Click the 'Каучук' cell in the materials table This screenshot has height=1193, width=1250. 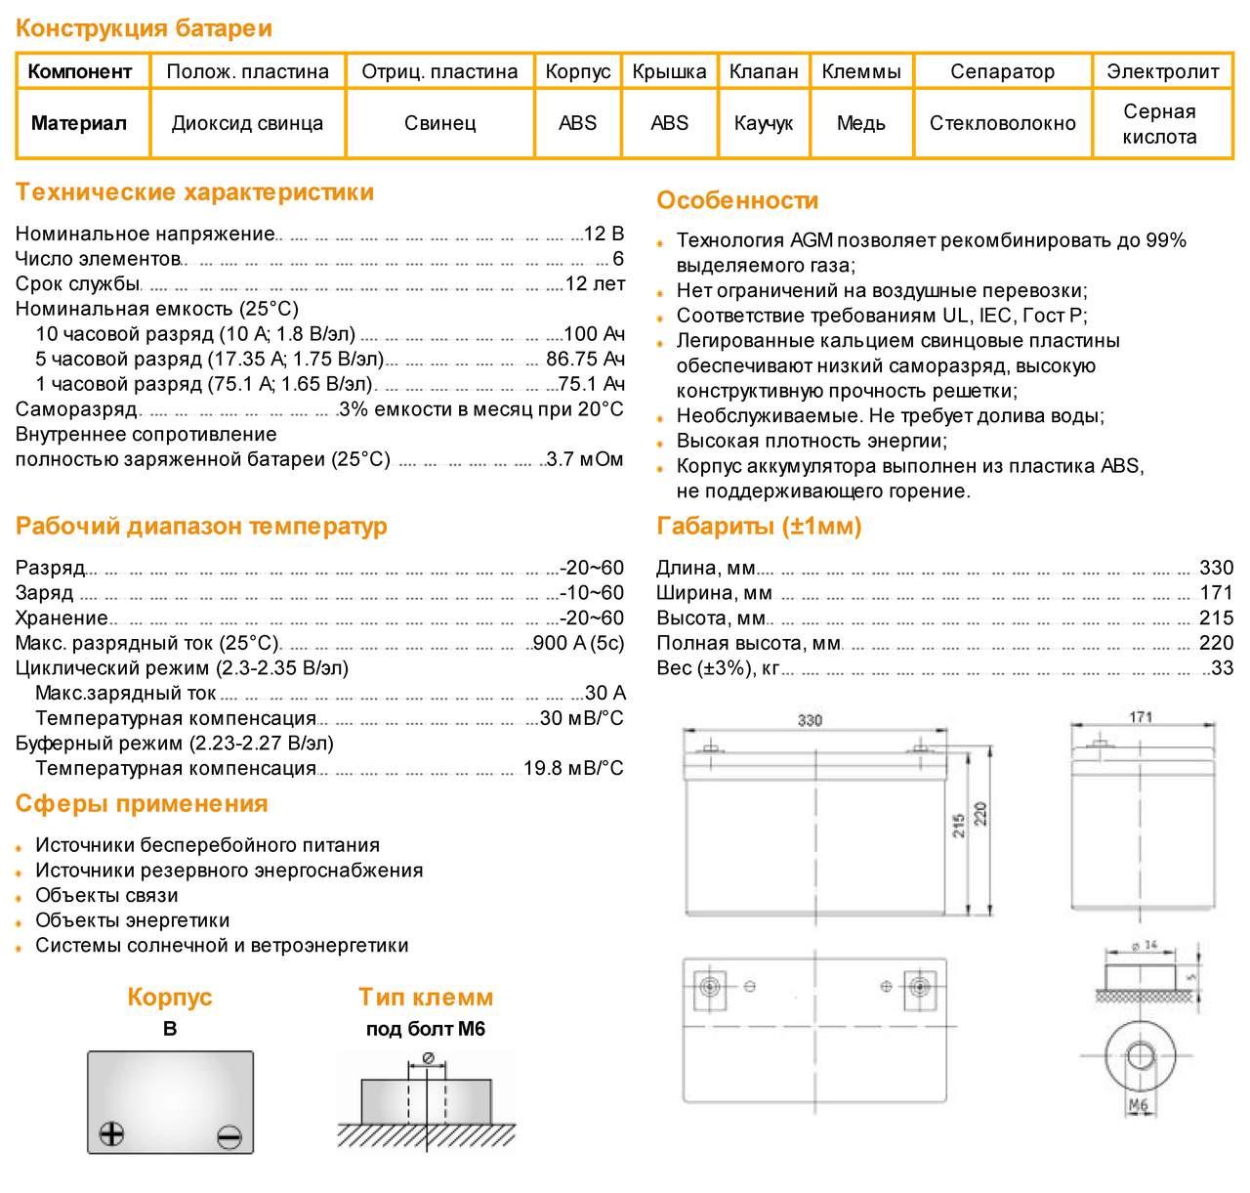click(763, 124)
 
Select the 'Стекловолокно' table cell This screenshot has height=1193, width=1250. click(1002, 124)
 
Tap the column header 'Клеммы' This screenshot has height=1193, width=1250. click(860, 71)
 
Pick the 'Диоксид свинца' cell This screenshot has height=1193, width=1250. click(247, 124)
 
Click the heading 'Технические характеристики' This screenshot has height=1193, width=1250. click(194, 192)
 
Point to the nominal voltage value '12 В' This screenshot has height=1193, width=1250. click(604, 234)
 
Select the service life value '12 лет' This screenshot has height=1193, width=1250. click(595, 284)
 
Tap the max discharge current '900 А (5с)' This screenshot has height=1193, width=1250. click(577, 644)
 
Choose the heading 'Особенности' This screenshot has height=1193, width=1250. click(737, 201)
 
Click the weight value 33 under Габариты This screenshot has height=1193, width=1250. click(1222, 669)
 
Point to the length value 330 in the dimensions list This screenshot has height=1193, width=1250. click(1216, 569)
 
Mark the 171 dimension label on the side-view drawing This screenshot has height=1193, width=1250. click(1141, 717)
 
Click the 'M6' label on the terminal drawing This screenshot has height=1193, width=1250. click(1138, 1105)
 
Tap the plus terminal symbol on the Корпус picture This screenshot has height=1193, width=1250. click(112, 1133)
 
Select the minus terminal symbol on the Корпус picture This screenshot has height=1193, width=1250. click(229, 1136)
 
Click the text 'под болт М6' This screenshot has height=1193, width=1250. click(425, 1029)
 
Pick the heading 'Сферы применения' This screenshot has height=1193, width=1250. click(142, 804)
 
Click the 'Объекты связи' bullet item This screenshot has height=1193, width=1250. click(106, 896)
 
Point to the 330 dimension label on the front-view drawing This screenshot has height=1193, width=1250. click(810, 721)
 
